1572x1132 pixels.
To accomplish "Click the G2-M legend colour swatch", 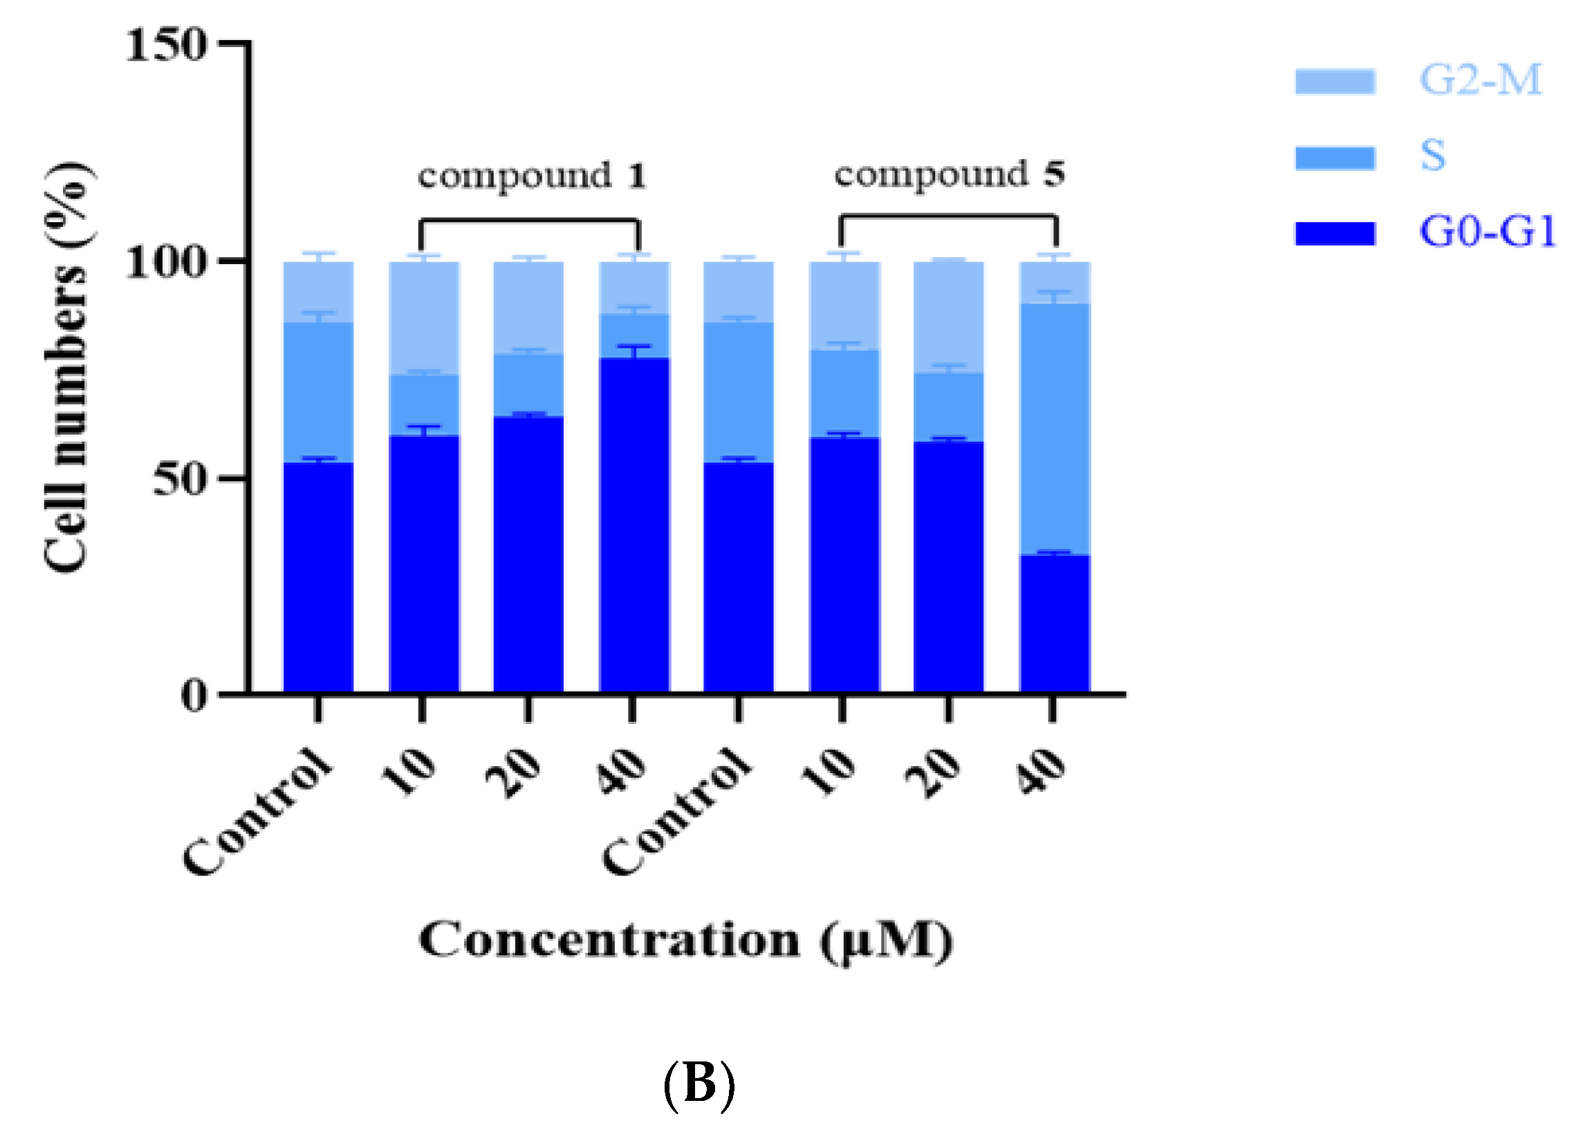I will (1334, 81).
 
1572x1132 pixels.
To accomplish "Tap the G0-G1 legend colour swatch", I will (1334, 233).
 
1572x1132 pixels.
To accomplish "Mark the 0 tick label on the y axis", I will (194, 694).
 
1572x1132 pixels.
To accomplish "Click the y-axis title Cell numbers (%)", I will (67, 367).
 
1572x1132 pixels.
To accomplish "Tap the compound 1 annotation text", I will (532, 176).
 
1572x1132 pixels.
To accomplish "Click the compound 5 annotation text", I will (949, 174).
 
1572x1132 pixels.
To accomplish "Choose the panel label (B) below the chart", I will (699, 1084).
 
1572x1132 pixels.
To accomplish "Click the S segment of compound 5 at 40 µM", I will (1054, 430).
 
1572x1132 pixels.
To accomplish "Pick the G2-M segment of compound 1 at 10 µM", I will (424, 318).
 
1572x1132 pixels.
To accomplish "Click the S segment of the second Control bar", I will (738, 392).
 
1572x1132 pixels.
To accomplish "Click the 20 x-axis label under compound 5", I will (934, 774).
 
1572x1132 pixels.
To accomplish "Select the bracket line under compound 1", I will (530, 221).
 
